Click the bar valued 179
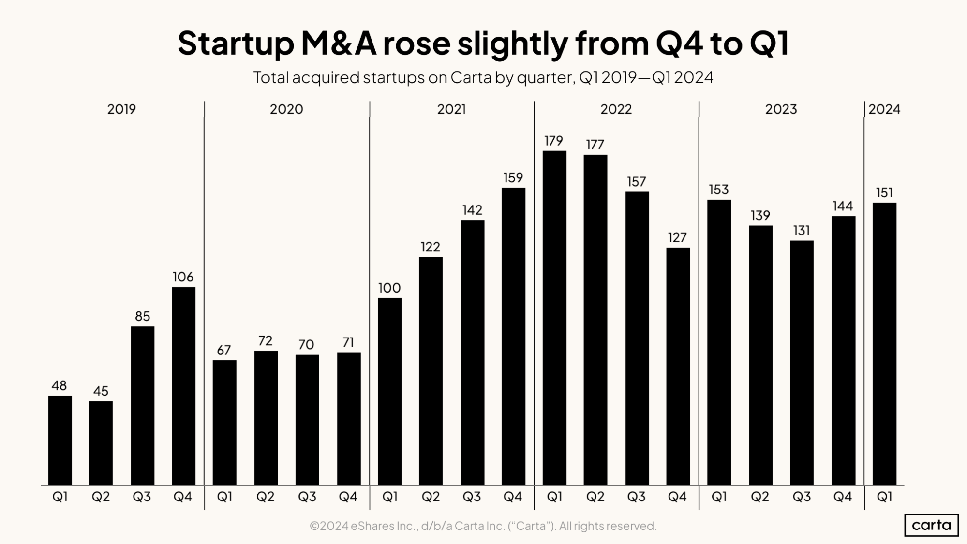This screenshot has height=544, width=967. point(554,318)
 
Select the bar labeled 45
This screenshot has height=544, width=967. point(101,443)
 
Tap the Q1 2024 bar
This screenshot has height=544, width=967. point(884,344)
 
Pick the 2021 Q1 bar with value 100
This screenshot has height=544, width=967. point(389,391)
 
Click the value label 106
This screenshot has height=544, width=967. point(183,277)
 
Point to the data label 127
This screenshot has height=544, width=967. point(677,237)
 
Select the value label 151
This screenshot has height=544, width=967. point(884,193)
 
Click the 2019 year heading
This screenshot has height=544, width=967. point(121,109)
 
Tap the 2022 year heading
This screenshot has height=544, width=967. point(616,109)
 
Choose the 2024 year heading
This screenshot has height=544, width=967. point(884,109)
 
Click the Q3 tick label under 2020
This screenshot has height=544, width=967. point(307,497)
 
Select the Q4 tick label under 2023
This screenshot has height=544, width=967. point(842,497)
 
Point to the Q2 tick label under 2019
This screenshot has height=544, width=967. point(101,497)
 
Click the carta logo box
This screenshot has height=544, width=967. point(931,525)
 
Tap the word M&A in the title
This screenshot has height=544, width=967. point(338,44)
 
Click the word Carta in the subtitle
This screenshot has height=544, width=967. point(471,78)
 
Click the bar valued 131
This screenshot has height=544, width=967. point(802,363)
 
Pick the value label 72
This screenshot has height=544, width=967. point(265,341)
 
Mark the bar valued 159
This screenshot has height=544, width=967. point(513,336)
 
